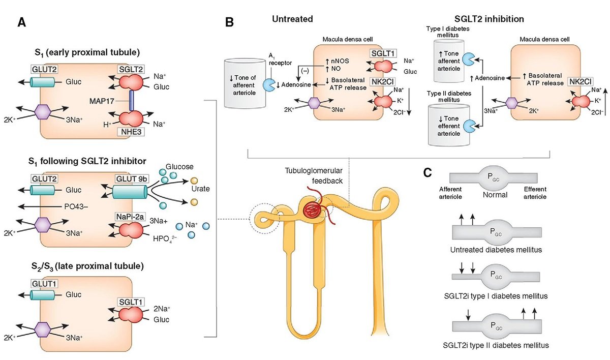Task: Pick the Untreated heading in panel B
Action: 292,19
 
